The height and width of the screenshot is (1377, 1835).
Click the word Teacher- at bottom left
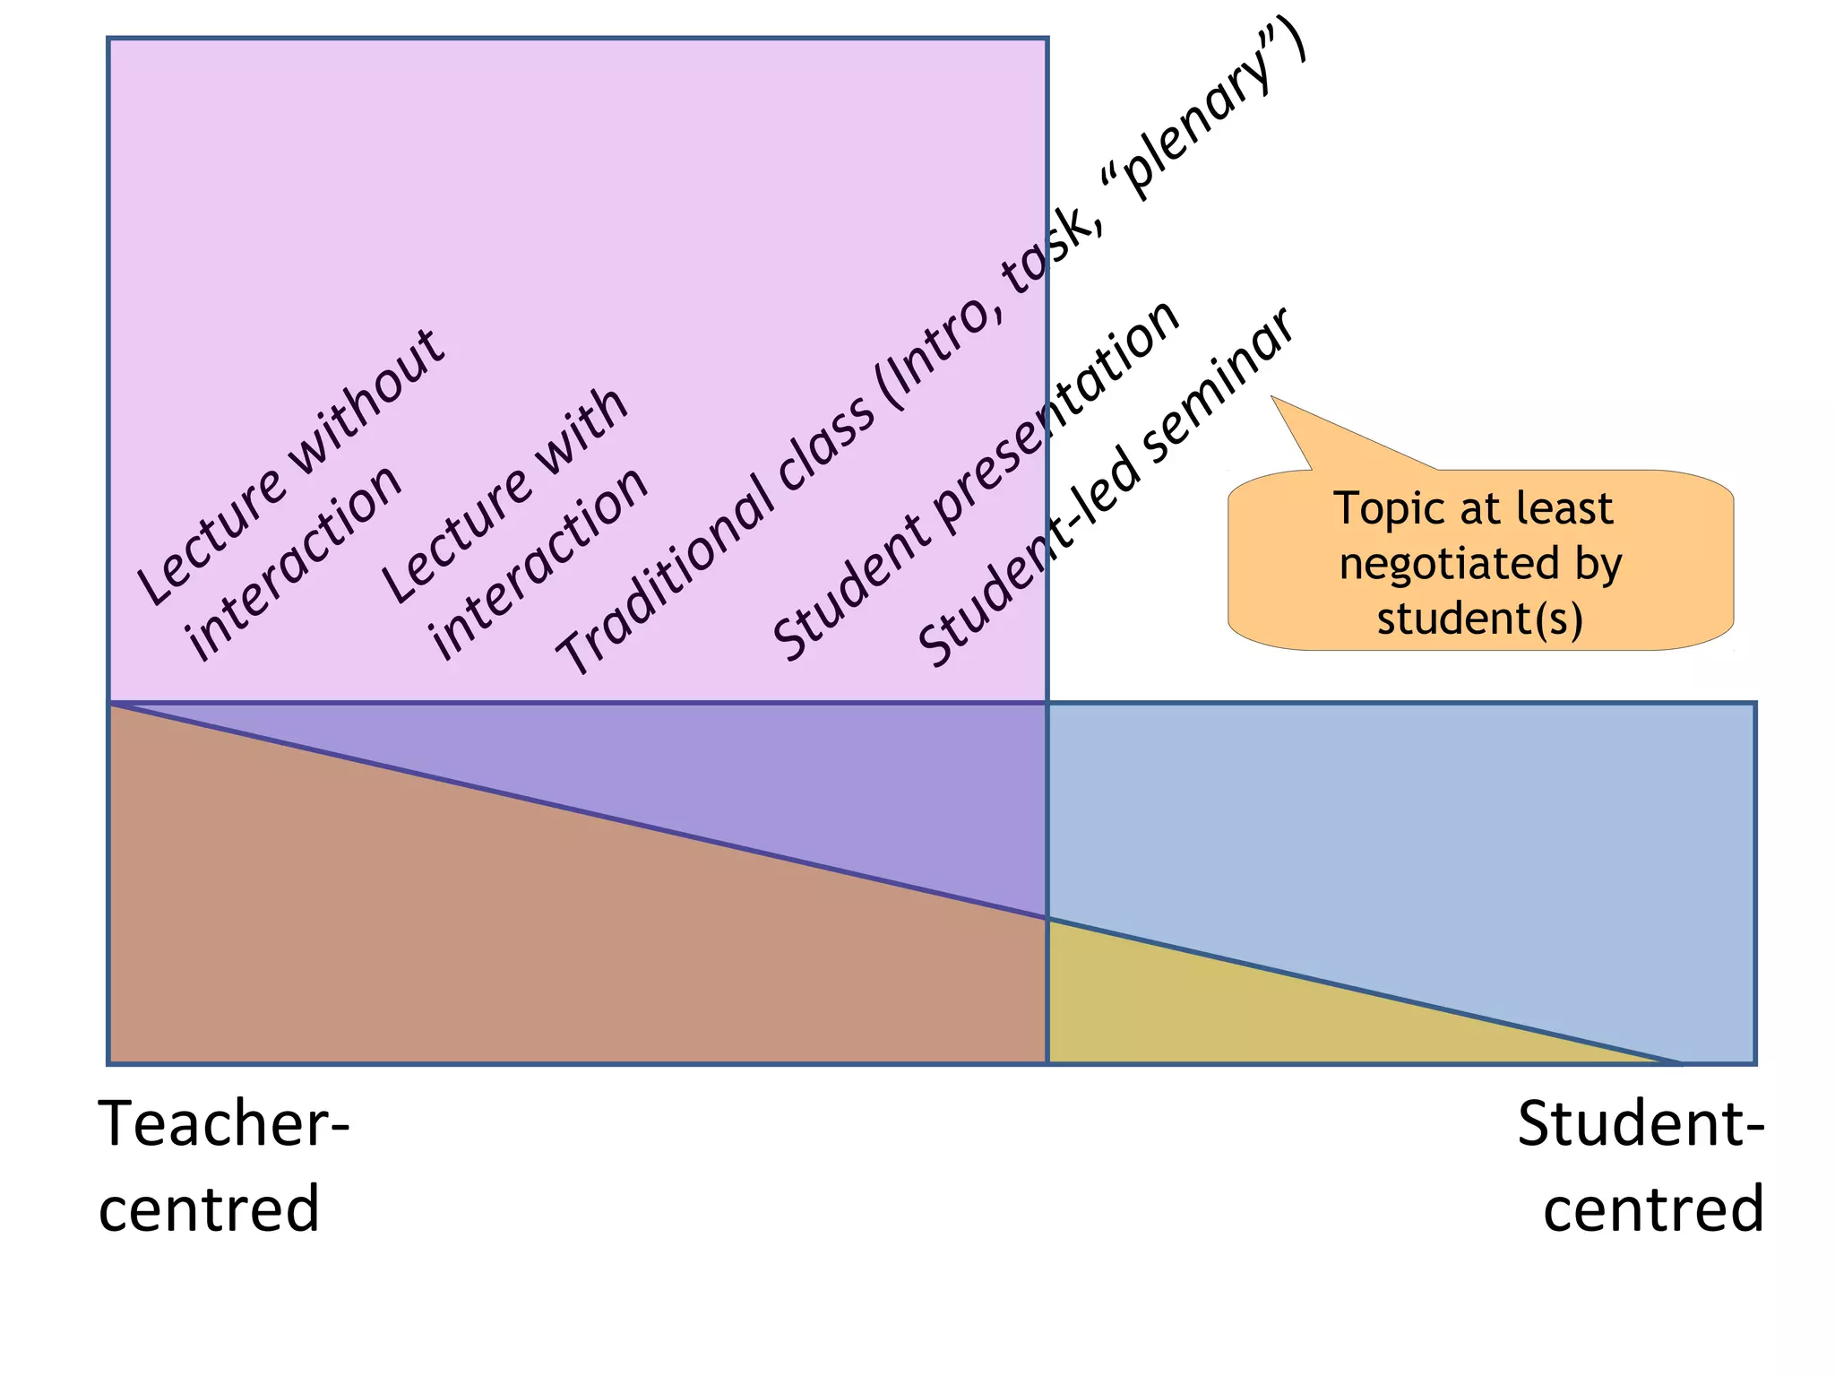pos(224,1124)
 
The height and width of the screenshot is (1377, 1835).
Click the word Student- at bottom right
pos(1640,1124)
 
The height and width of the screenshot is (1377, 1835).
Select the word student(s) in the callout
pos(1480,619)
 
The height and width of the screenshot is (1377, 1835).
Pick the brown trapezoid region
pos(493,941)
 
